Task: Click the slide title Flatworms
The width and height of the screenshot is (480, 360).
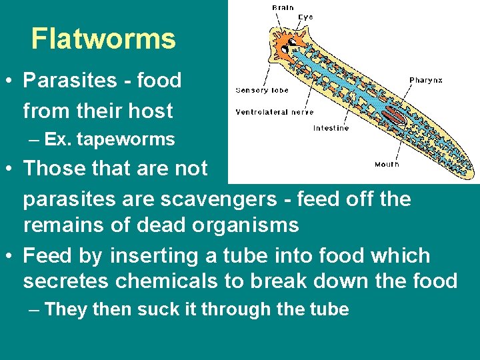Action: [x=103, y=39]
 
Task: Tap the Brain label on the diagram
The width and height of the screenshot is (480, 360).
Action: [x=283, y=7]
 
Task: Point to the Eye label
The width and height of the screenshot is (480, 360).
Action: [x=305, y=17]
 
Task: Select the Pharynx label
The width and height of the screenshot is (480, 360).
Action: [x=425, y=80]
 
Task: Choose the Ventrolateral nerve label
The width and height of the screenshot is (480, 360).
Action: [x=274, y=112]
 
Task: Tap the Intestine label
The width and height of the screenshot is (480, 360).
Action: [x=331, y=128]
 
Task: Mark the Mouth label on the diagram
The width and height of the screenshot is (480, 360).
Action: [x=387, y=164]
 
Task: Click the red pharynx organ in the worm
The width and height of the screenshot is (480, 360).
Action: [x=394, y=119]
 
